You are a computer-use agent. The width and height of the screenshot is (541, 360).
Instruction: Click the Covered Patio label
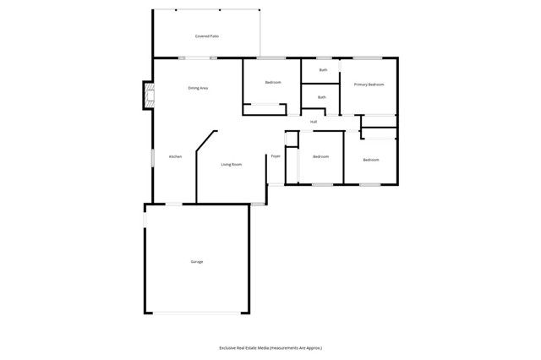click(x=207, y=36)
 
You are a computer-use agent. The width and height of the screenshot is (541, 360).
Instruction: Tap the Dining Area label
click(x=198, y=88)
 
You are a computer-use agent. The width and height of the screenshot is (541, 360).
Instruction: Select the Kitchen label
click(x=175, y=156)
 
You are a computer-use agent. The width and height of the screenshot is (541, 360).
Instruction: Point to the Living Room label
click(x=231, y=164)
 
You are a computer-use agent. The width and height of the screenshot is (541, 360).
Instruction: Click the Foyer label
click(x=276, y=156)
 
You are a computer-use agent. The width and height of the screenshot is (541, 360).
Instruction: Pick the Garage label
click(x=196, y=261)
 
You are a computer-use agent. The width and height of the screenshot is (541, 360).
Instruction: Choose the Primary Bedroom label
click(x=369, y=85)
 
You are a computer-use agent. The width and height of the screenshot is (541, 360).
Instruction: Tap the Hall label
click(x=314, y=122)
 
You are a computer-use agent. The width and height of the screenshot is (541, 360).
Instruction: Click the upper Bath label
click(x=323, y=69)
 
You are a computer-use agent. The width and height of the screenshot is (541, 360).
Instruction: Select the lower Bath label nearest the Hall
click(x=321, y=97)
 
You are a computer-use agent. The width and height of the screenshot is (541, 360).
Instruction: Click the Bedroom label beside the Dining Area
click(x=272, y=82)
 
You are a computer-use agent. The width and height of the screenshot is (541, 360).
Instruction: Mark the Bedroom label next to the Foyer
click(x=320, y=157)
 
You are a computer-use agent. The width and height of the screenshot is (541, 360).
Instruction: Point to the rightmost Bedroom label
click(x=371, y=160)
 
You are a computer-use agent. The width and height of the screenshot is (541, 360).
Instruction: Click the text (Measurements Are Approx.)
click(x=303, y=347)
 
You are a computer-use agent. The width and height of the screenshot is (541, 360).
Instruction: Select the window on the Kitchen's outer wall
click(x=152, y=156)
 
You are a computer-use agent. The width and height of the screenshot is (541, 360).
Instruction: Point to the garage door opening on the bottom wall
click(x=197, y=314)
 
